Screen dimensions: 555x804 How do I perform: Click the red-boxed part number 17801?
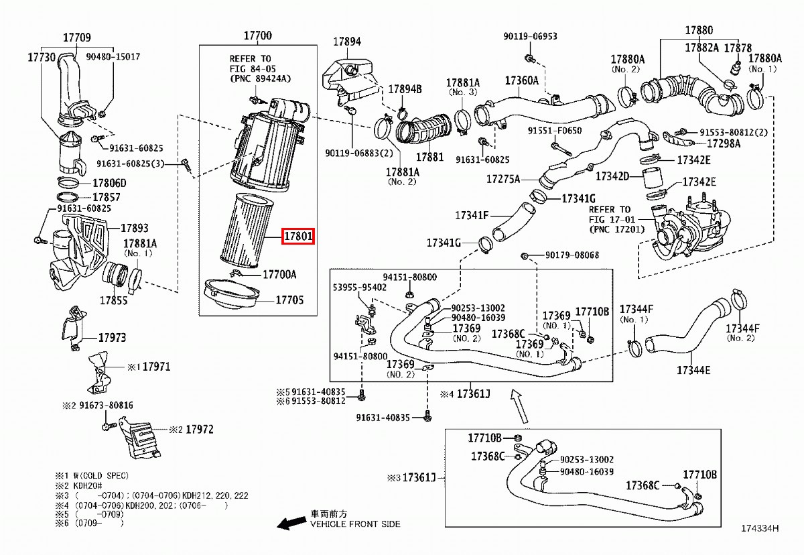coord(297,237)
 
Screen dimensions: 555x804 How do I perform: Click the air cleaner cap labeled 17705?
coord(232,297)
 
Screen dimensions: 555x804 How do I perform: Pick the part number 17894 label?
coord(347,41)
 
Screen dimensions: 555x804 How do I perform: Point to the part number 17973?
coord(112,338)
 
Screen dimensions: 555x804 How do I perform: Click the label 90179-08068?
coord(572,255)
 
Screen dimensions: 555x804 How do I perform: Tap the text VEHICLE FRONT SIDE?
coord(354,524)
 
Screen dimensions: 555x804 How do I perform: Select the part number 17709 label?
coord(78,38)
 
